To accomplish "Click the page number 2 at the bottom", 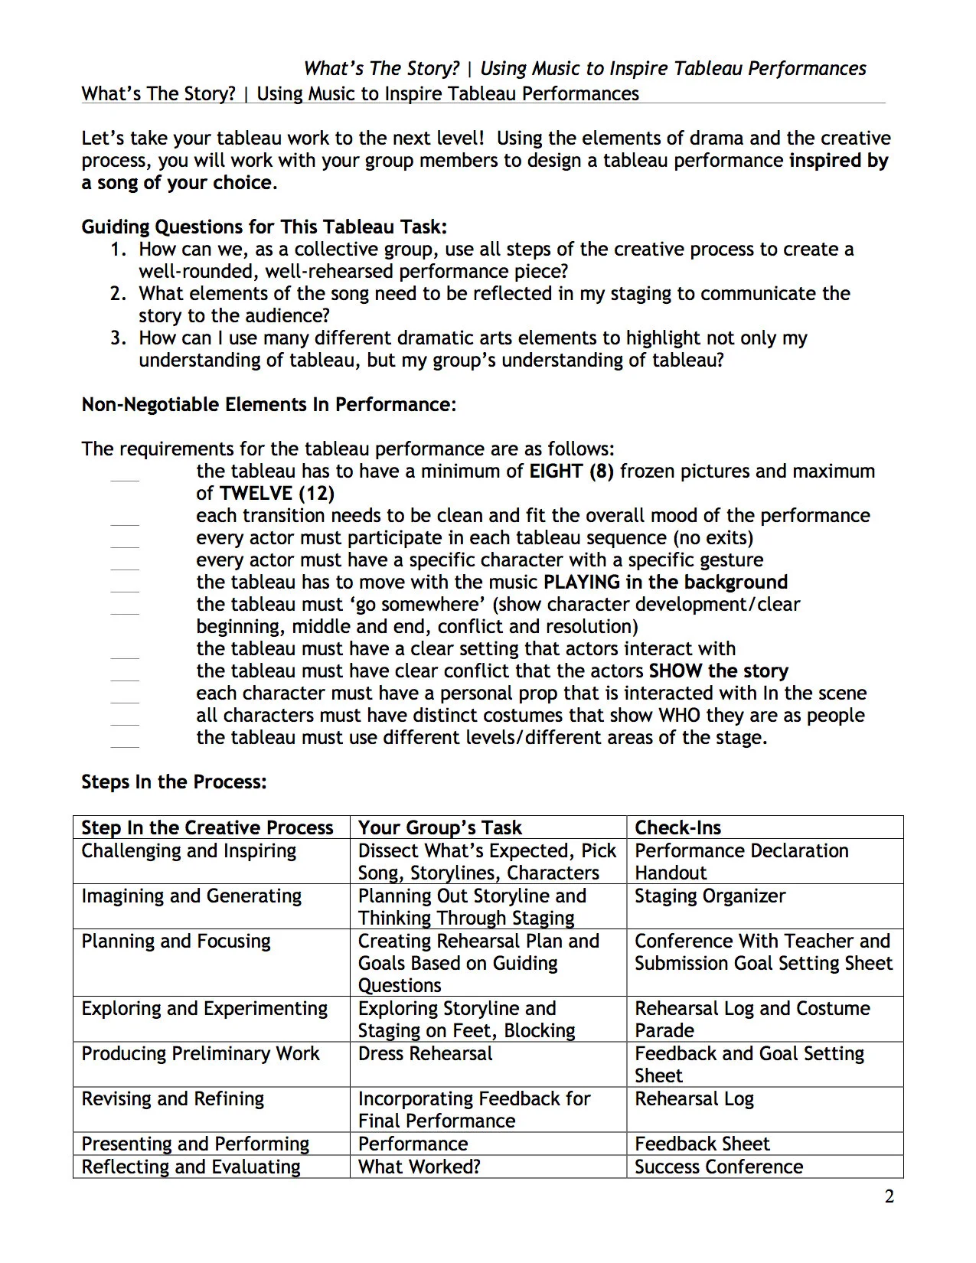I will pos(889,1196).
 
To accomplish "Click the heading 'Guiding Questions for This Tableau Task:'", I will pos(264,227).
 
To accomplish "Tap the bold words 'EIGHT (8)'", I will pos(571,471).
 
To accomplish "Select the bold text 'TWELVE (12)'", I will pos(276,493).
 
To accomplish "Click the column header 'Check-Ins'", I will pos(677,827).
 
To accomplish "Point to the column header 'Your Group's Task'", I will pos(439,827).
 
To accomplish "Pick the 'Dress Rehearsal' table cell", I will pos(425,1053).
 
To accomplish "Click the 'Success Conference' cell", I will pos(718,1167).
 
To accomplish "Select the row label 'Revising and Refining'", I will pos(172,1098).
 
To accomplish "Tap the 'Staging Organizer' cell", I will pos(710,896).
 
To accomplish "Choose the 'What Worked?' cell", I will pos(419,1167).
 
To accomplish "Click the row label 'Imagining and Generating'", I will pos(191,896).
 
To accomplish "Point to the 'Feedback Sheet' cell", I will pos(702,1144).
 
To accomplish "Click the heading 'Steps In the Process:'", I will pos(174,782).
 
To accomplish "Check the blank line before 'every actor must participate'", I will pos(125,546).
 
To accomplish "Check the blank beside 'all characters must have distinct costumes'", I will pos(125,723).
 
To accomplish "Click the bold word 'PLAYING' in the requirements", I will pos(582,582).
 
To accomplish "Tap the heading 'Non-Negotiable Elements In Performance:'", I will pos(269,405).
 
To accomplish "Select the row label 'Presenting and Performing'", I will pos(195,1144).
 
